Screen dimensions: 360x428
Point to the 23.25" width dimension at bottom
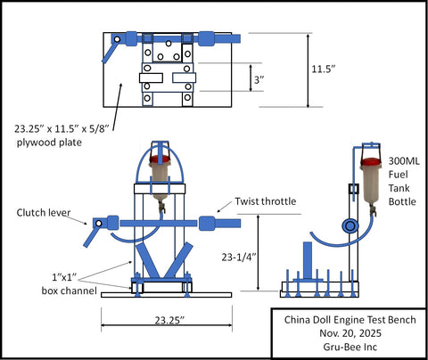click(x=168, y=318)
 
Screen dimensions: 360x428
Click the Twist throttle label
click(x=266, y=201)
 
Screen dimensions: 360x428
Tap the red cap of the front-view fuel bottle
click(x=160, y=161)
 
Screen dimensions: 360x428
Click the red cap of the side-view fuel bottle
click(x=372, y=163)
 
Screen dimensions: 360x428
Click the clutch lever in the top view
click(x=111, y=50)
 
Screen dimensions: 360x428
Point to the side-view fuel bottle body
click(x=372, y=185)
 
